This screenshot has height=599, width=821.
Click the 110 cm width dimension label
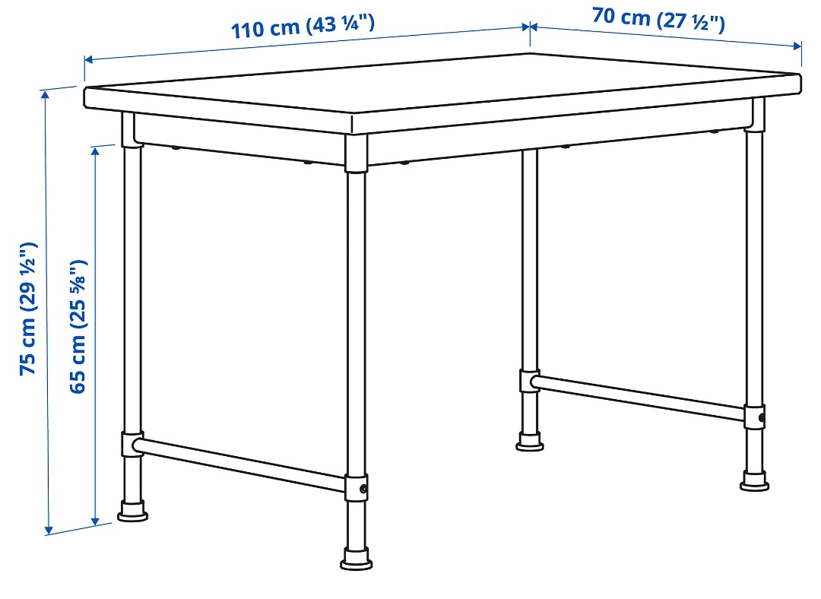tap(303, 26)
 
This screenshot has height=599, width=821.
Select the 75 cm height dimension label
tap(28, 309)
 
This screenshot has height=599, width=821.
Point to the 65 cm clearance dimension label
tap(78, 326)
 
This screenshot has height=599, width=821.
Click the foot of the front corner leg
tap(357, 559)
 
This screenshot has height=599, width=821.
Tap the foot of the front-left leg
tap(132, 511)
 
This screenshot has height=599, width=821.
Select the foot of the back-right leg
tap(755, 480)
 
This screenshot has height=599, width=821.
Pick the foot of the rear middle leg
tap(529, 442)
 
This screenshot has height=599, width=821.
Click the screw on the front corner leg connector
tap(363, 489)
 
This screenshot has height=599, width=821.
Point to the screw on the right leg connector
tap(761, 418)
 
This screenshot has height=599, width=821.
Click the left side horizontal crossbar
tap(240, 464)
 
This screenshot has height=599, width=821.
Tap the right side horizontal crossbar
tap(639, 398)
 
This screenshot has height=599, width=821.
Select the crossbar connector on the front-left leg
tap(132, 444)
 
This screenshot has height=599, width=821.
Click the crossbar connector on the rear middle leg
tap(529, 381)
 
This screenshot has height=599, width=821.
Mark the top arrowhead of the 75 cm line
tap(45, 95)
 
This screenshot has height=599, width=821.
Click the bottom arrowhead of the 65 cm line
tap(95, 521)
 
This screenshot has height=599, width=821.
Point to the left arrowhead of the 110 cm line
tap(89, 60)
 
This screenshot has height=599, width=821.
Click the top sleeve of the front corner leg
tap(356, 154)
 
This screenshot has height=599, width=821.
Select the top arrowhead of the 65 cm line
tap(95, 152)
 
